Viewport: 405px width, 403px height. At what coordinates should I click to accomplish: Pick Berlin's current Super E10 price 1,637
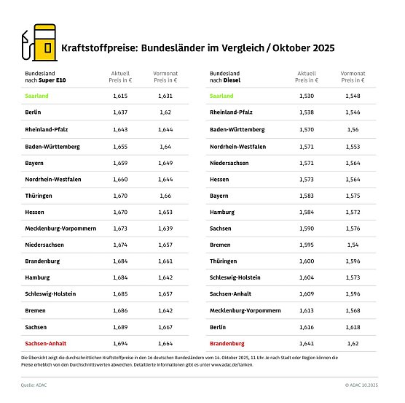(x=120, y=112)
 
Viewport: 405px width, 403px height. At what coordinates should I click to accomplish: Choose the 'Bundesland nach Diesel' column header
(x=229, y=77)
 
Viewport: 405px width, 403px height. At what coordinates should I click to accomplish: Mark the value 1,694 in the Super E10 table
(x=120, y=343)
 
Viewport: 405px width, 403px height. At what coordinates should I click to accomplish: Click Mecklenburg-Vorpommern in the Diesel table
(x=245, y=310)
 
